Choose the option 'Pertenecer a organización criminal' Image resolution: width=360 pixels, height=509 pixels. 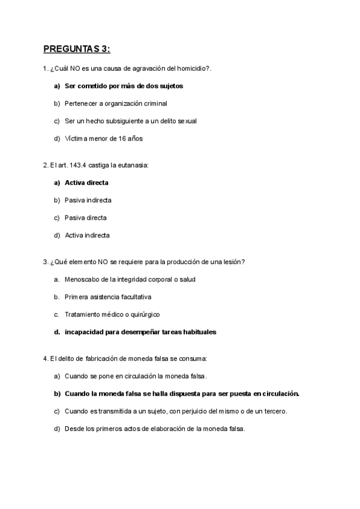(x=116, y=103)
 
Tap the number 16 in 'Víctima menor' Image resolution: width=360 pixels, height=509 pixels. (x=122, y=139)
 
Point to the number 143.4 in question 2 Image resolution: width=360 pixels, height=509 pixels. (x=79, y=165)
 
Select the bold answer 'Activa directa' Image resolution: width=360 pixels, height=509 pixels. (x=86, y=182)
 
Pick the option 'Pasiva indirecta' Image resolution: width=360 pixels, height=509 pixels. (x=88, y=200)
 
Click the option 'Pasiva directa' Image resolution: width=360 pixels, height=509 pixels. (x=86, y=217)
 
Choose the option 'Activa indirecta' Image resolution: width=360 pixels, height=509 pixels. (x=87, y=235)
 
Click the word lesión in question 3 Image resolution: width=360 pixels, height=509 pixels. (x=232, y=262)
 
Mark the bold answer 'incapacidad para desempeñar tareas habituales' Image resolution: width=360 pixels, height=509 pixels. (x=140, y=331)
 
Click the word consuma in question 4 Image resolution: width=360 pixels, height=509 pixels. (x=193, y=358)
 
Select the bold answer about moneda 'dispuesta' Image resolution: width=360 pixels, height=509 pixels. (x=182, y=394)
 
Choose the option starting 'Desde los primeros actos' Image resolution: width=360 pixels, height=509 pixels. (x=155, y=429)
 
